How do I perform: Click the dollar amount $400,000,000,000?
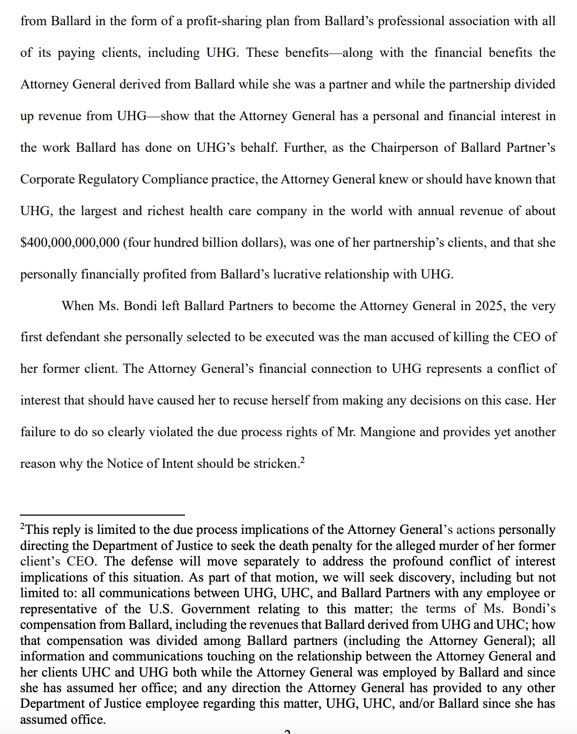[x=70, y=243]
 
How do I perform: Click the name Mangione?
[x=388, y=432]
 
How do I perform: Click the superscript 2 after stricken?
[x=302, y=459]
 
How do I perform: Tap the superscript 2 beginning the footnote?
[x=23, y=528]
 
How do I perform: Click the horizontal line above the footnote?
[x=102, y=515]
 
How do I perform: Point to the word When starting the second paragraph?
[x=78, y=306]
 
